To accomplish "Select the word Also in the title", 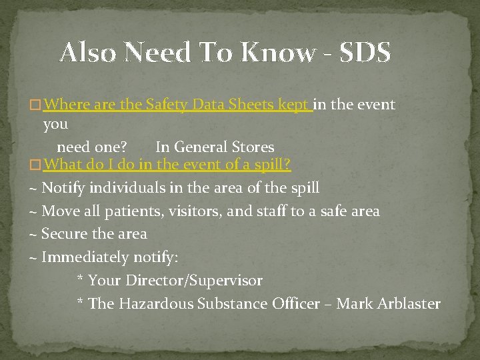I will click(87, 52).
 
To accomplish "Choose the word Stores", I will click(251, 147).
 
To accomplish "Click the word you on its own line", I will click(55, 125).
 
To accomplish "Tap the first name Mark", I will click(354, 304).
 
